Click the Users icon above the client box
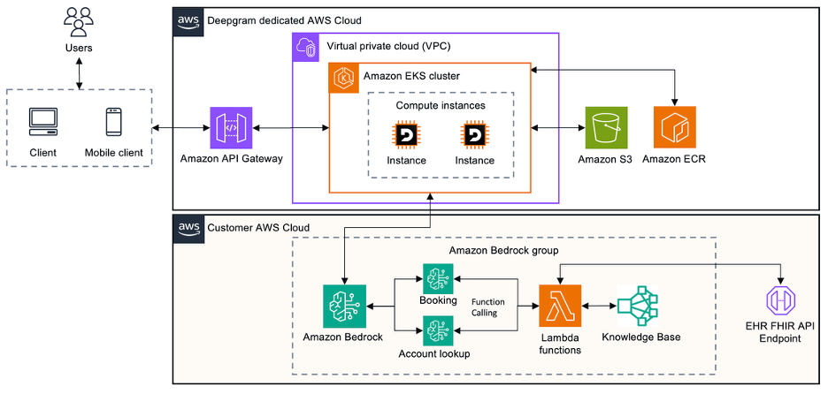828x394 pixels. [80, 20]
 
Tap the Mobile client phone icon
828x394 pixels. [113, 122]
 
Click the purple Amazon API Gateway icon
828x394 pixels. [231, 128]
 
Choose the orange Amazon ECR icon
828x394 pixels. [675, 128]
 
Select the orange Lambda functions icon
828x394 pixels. [560, 306]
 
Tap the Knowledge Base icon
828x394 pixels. [639, 306]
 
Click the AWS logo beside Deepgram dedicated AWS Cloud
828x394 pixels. [188, 19]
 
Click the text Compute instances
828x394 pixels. [441, 105]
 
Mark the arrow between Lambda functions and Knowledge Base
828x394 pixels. [600, 306]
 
